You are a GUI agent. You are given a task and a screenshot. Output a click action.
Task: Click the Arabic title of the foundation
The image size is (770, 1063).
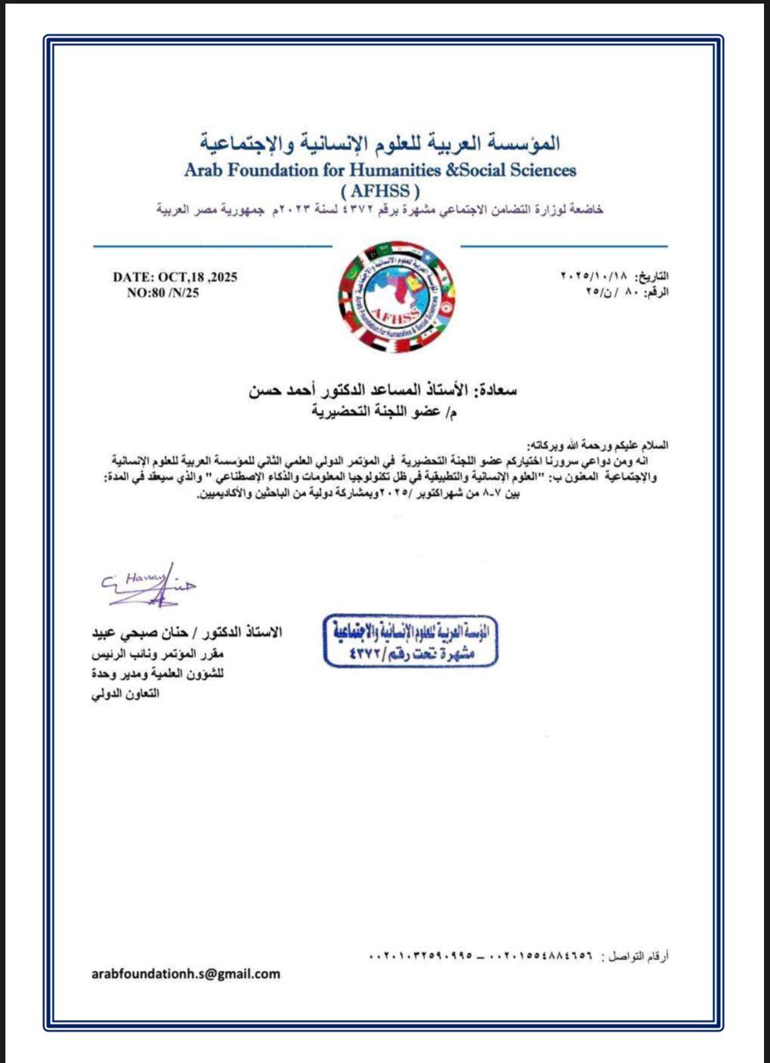(x=380, y=143)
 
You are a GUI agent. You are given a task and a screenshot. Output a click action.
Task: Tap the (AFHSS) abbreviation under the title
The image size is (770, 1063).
(x=380, y=191)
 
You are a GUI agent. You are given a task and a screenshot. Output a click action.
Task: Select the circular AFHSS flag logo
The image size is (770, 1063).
(x=396, y=297)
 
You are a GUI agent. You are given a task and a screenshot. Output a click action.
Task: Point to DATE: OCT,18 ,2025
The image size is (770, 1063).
(x=175, y=277)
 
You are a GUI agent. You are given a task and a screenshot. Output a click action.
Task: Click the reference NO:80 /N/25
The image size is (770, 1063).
(x=163, y=292)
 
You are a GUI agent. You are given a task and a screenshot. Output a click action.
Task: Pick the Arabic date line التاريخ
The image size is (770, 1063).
(x=614, y=276)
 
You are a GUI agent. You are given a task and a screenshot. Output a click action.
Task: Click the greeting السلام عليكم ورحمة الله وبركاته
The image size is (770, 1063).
(x=597, y=444)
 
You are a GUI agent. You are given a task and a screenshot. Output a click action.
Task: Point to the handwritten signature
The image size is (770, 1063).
(x=149, y=585)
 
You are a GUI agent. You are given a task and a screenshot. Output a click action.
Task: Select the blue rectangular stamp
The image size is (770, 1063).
(x=411, y=640)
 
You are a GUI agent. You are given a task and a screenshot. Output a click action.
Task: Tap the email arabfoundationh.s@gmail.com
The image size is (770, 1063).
(x=186, y=974)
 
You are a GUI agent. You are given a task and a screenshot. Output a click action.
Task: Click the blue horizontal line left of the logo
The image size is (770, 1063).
(x=212, y=246)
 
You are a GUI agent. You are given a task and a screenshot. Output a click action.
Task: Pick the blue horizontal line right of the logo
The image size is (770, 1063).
(x=564, y=246)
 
